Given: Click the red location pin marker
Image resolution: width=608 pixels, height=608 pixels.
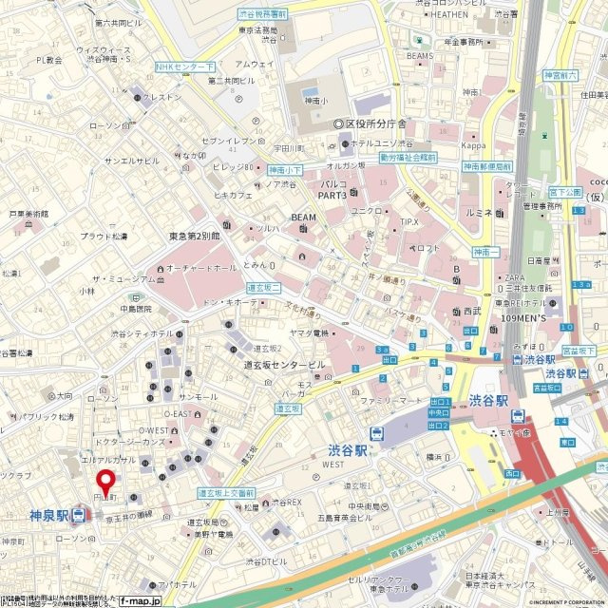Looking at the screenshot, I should tap(107, 483).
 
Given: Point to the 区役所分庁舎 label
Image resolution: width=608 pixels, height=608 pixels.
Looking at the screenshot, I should tap(375, 124).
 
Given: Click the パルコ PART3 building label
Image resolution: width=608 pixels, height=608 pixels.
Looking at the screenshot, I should tap(332, 188).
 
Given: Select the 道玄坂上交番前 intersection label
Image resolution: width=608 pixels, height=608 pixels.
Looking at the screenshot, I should tap(225, 494).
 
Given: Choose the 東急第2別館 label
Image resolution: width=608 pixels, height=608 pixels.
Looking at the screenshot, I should tap(195, 236).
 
